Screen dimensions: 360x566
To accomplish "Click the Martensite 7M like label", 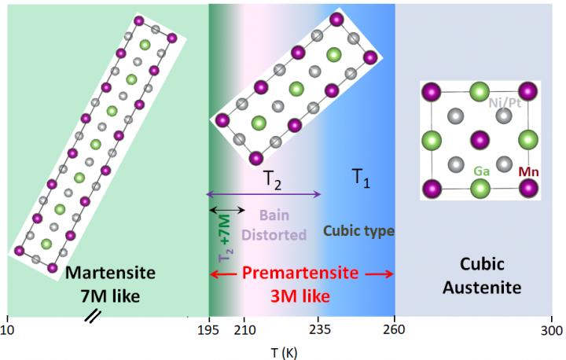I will click(x=111, y=284).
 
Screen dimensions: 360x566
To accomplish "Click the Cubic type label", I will click(x=358, y=231).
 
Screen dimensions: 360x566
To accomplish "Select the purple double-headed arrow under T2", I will click(x=263, y=194).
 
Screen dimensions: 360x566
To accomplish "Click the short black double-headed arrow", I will click(x=226, y=208).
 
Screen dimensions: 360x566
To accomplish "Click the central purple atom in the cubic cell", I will click(x=480, y=141).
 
